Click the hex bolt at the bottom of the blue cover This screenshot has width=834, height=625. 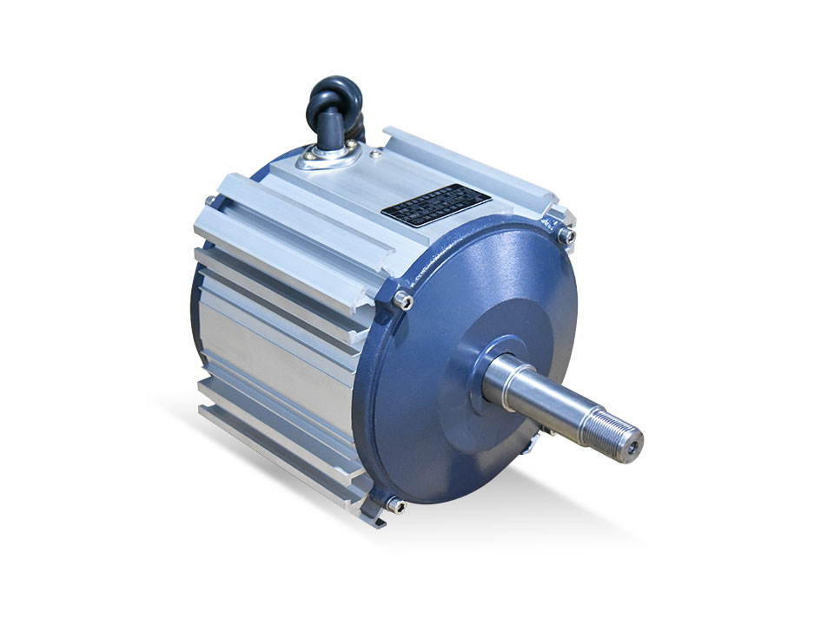(396, 505)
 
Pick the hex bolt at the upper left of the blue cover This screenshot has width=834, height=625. (400, 299)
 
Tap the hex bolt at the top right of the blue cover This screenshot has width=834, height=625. (566, 234)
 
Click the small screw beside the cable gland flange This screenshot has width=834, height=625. (376, 155)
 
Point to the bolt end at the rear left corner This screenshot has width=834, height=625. (209, 201)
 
